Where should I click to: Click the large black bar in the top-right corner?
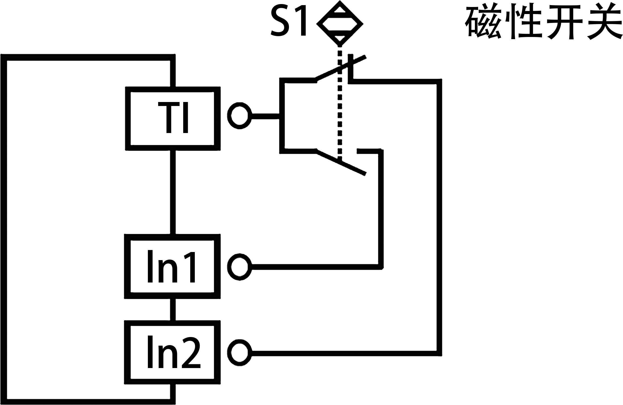(543, 21)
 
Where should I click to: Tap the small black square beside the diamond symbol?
(288, 20)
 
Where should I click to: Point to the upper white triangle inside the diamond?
(340, 10)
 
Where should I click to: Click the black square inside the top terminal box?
(173, 117)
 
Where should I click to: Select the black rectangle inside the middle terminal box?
(171, 266)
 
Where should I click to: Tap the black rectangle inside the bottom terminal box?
(174, 352)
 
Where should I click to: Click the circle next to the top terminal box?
(239, 116)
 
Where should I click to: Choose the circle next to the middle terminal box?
(239, 267)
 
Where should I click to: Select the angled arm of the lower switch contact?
(341, 162)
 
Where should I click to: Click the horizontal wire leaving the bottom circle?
(343, 353)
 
